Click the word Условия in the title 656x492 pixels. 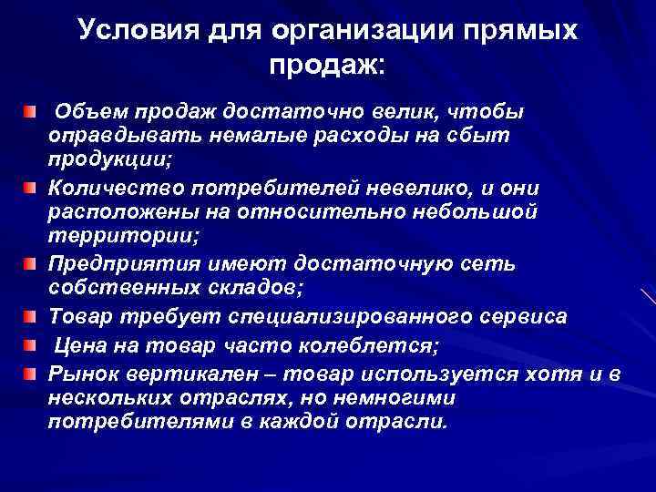pyautogui.click(x=129, y=31)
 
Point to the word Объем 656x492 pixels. pyautogui.click(x=92, y=112)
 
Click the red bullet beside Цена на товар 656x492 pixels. pyautogui.click(x=31, y=345)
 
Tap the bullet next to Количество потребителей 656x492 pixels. pyautogui.click(x=31, y=188)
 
